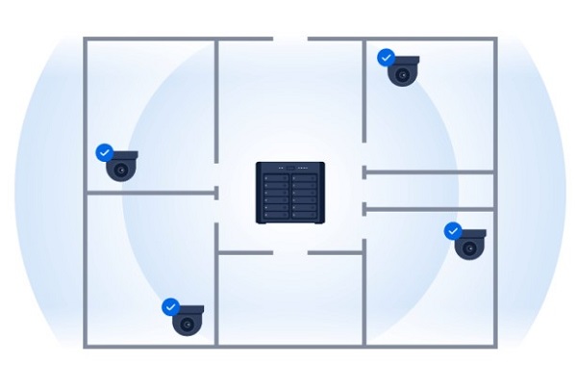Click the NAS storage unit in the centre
tap(289, 193)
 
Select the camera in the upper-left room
tap(121, 167)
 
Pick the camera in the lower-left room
tap(188, 320)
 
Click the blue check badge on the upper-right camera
tap(386, 58)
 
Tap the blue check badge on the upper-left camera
tap(104, 152)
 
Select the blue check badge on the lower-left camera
tap(170, 305)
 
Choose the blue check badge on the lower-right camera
tap(452, 231)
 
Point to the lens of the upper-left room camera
tap(121, 172)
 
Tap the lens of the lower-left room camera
tap(187, 326)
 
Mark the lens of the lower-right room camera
tap(469, 249)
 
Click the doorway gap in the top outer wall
tap(290, 39)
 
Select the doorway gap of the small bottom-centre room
tap(290, 253)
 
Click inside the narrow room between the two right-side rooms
tap(430, 191)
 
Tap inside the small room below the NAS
tap(290, 299)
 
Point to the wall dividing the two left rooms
tap(149, 193)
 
